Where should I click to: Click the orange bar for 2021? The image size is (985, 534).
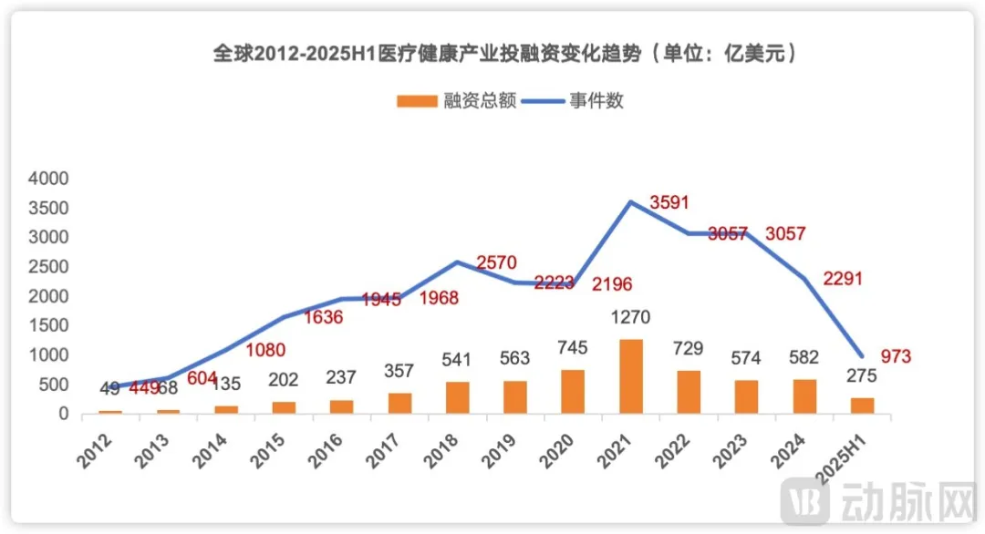[630, 376]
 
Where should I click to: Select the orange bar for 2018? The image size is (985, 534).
[457, 397]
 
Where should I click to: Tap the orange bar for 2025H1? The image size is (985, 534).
[862, 406]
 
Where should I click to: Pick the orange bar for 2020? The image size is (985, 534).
[573, 392]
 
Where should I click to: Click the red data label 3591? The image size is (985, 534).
[670, 201]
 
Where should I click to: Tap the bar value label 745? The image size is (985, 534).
[573, 348]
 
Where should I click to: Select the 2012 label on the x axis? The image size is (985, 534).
[98, 447]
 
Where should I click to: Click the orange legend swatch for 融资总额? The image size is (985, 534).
[417, 101]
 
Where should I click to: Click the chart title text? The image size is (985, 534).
[506, 54]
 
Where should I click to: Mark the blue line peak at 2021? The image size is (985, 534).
[630, 202]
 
